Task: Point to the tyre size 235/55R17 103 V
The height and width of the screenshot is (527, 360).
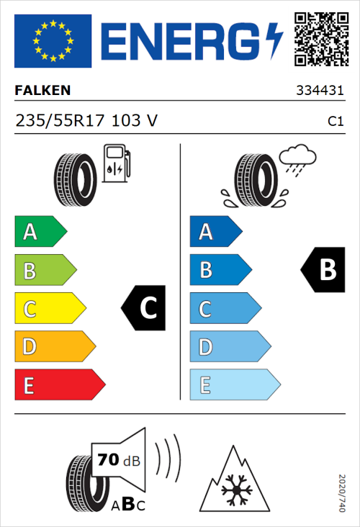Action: tap(86, 122)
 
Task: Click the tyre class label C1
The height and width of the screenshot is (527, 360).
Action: tap(335, 122)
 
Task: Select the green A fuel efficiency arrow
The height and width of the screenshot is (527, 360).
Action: tap(40, 232)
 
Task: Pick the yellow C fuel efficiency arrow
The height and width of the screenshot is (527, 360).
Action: tap(49, 309)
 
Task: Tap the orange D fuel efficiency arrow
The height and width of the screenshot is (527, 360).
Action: tap(54, 347)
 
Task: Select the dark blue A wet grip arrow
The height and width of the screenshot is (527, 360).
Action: tap(215, 232)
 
